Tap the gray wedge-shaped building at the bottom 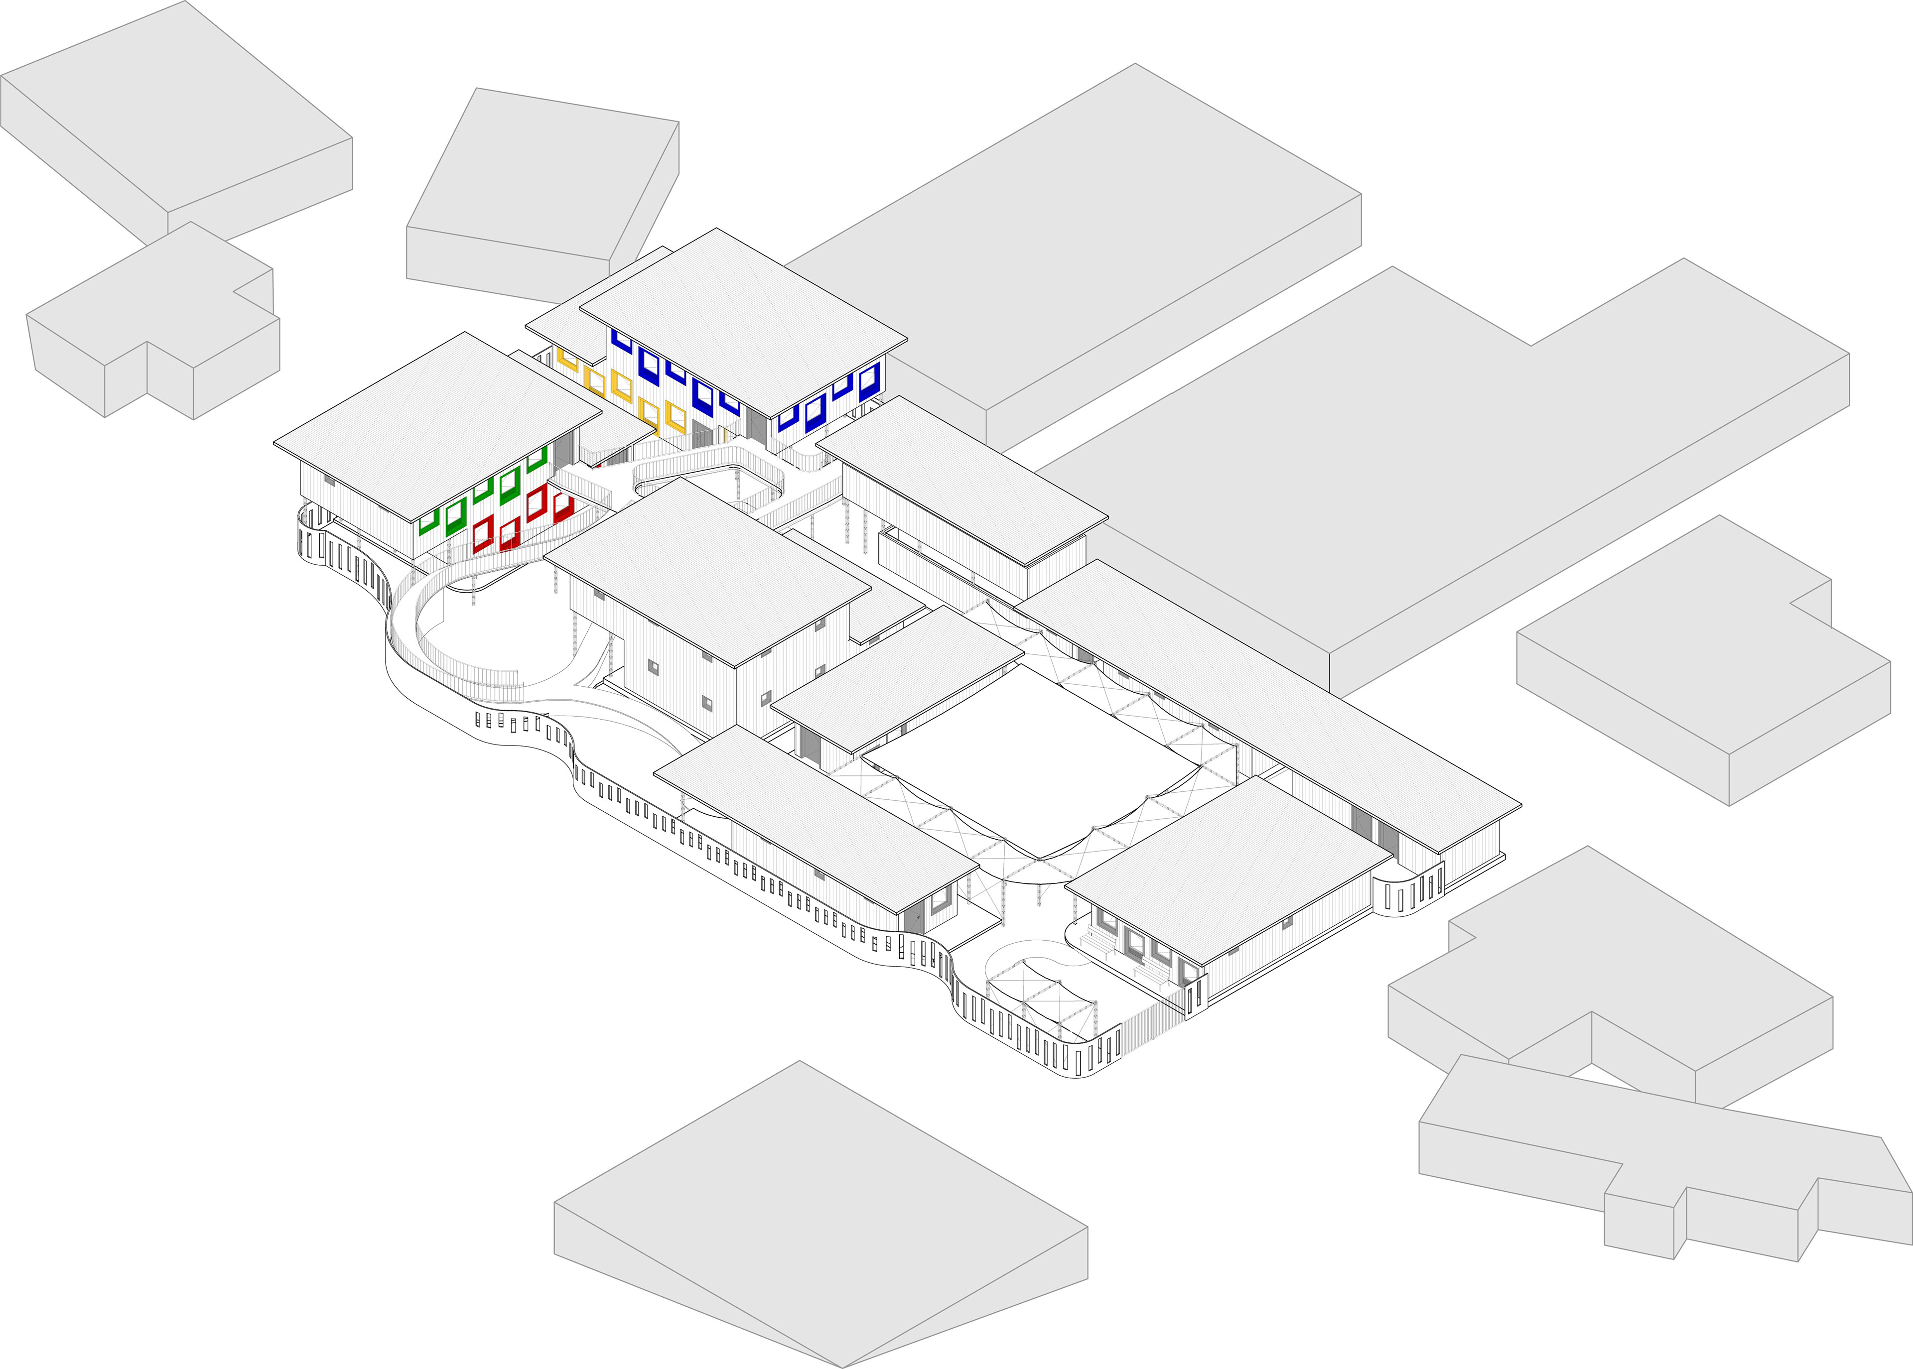tap(818, 1214)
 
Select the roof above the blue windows tap(742, 320)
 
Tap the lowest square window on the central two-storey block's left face tap(707, 701)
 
